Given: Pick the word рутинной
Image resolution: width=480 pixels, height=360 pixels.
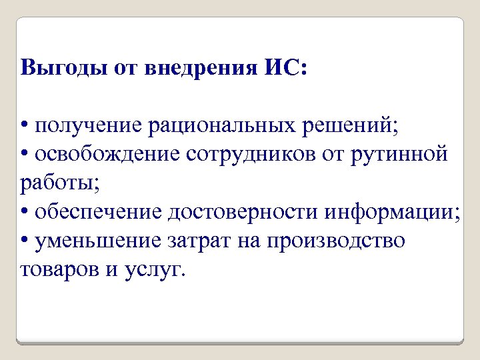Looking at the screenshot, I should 401,155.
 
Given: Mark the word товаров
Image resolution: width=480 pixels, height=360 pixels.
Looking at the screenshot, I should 58,269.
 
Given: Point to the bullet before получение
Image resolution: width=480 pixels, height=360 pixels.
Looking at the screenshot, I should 25,126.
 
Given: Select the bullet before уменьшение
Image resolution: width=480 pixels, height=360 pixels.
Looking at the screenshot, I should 25,241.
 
